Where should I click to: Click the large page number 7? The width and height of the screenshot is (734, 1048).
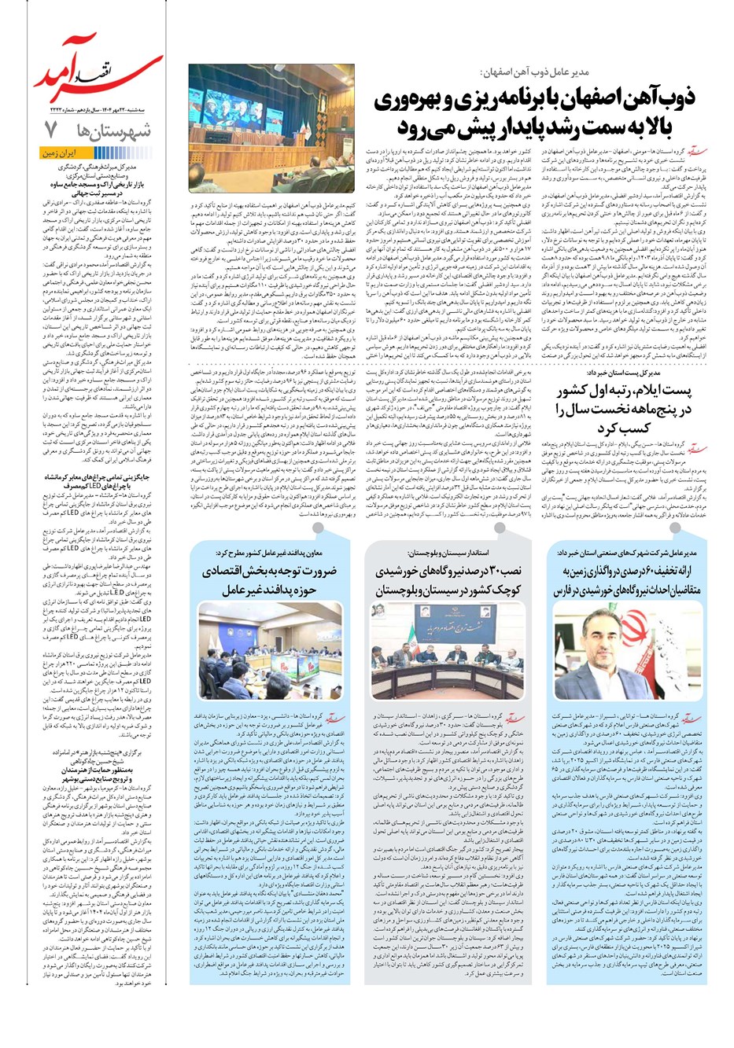tap(50, 129)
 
